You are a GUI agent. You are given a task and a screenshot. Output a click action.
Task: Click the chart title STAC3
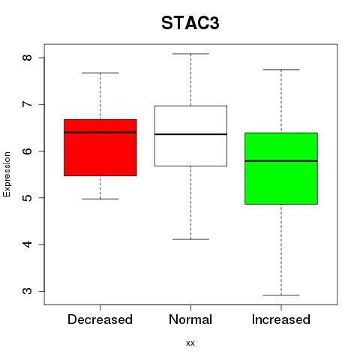point(190,23)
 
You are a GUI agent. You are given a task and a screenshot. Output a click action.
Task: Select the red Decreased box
point(100,148)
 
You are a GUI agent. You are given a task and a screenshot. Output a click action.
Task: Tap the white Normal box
point(190,136)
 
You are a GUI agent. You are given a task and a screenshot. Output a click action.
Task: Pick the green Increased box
point(281,169)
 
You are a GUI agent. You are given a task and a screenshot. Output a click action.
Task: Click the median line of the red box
point(100,132)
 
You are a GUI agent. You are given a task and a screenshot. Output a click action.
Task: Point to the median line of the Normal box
point(190,134)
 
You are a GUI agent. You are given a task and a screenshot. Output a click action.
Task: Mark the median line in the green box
point(281,161)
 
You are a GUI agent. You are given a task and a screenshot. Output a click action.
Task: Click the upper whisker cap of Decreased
point(100,73)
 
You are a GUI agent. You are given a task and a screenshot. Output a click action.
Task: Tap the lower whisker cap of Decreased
point(100,199)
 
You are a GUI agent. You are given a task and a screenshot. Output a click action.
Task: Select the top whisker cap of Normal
point(190,54)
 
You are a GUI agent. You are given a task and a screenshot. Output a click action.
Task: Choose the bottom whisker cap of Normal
point(190,239)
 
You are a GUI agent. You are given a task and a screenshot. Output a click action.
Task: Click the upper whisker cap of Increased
point(281,70)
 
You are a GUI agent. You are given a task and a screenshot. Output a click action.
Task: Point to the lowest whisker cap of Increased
point(281,295)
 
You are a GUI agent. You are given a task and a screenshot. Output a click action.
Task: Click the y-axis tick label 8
point(27,58)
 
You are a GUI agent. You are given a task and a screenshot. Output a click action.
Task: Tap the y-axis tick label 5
point(27,198)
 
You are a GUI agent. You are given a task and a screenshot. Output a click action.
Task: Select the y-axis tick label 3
point(27,291)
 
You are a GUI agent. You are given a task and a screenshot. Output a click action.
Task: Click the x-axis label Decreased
point(100,319)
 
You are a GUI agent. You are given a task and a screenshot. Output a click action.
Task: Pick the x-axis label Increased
point(281,319)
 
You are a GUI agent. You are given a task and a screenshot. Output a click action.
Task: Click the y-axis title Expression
point(7,174)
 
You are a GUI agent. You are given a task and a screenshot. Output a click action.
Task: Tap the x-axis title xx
point(190,343)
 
